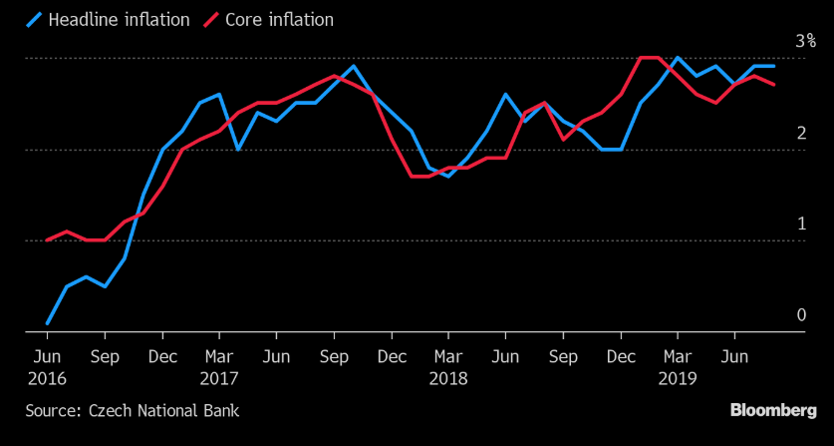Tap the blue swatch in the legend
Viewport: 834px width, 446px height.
39,20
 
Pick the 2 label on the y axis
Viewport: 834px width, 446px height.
801,134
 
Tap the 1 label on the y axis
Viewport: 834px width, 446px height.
801,224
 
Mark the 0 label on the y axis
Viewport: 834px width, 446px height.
801,315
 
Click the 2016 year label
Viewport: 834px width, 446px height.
47,378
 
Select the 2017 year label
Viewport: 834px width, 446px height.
218,378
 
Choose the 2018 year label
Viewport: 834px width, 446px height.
448,378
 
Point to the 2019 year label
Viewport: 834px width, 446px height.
679,378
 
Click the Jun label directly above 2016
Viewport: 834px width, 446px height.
47,356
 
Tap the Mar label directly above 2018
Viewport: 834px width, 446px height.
448,356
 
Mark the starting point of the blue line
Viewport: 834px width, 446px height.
47,323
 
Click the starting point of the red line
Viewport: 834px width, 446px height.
47,240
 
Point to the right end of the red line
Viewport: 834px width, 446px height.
774,85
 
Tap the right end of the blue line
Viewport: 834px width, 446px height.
774,66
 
